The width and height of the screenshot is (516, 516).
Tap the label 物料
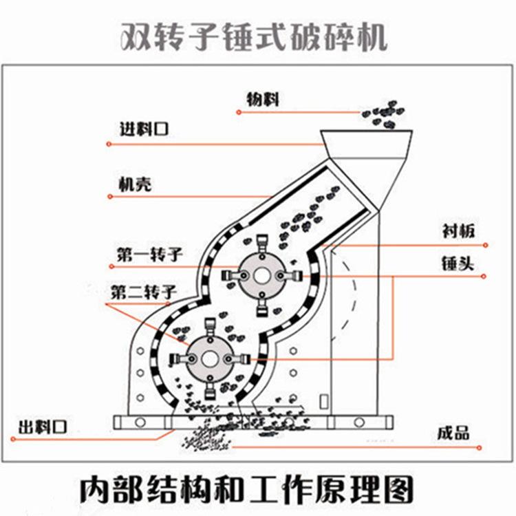(x=263, y=99)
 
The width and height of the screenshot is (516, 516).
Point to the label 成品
(x=453, y=433)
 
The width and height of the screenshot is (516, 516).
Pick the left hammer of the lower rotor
(x=180, y=359)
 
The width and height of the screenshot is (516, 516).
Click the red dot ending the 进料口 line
(x=109, y=144)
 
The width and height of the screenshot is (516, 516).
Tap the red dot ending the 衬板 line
(x=485, y=244)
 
